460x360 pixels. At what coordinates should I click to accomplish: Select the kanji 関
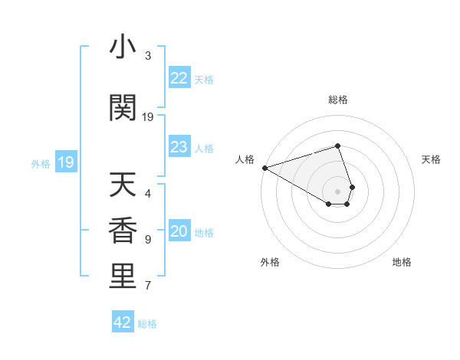click(x=123, y=108)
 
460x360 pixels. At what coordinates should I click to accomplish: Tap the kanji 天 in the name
click(x=123, y=185)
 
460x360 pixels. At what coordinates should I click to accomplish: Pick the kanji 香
click(x=123, y=231)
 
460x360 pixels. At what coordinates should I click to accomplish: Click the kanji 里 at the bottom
click(x=123, y=277)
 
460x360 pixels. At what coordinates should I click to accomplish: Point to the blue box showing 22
click(x=179, y=78)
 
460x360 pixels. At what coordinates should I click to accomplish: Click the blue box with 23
click(x=179, y=147)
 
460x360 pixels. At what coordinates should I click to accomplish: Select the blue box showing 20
click(x=179, y=232)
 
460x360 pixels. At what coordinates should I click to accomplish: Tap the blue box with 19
click(x=65, y=162)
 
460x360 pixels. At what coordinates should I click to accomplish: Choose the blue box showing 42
click(x=123, y=322)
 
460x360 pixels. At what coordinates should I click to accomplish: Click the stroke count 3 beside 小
click(x=148, y=56)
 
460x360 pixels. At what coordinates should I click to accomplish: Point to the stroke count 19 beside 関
click(x=148, y=117)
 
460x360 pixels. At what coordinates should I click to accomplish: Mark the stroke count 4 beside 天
click(x=148, y=194)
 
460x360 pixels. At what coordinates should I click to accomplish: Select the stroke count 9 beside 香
click(x=148, y=240)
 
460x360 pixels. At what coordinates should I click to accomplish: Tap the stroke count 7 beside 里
click(x=148, y=286)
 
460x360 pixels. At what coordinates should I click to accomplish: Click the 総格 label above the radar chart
click(x=338, y=100)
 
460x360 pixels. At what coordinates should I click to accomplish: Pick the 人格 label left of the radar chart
click(x=245, y=159)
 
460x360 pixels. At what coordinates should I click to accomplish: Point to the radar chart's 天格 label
click(x=432, y=159)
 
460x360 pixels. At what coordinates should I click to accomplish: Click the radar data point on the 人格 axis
click(x=264, y=168)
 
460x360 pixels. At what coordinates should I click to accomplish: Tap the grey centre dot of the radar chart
click(x=338, y=191)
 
